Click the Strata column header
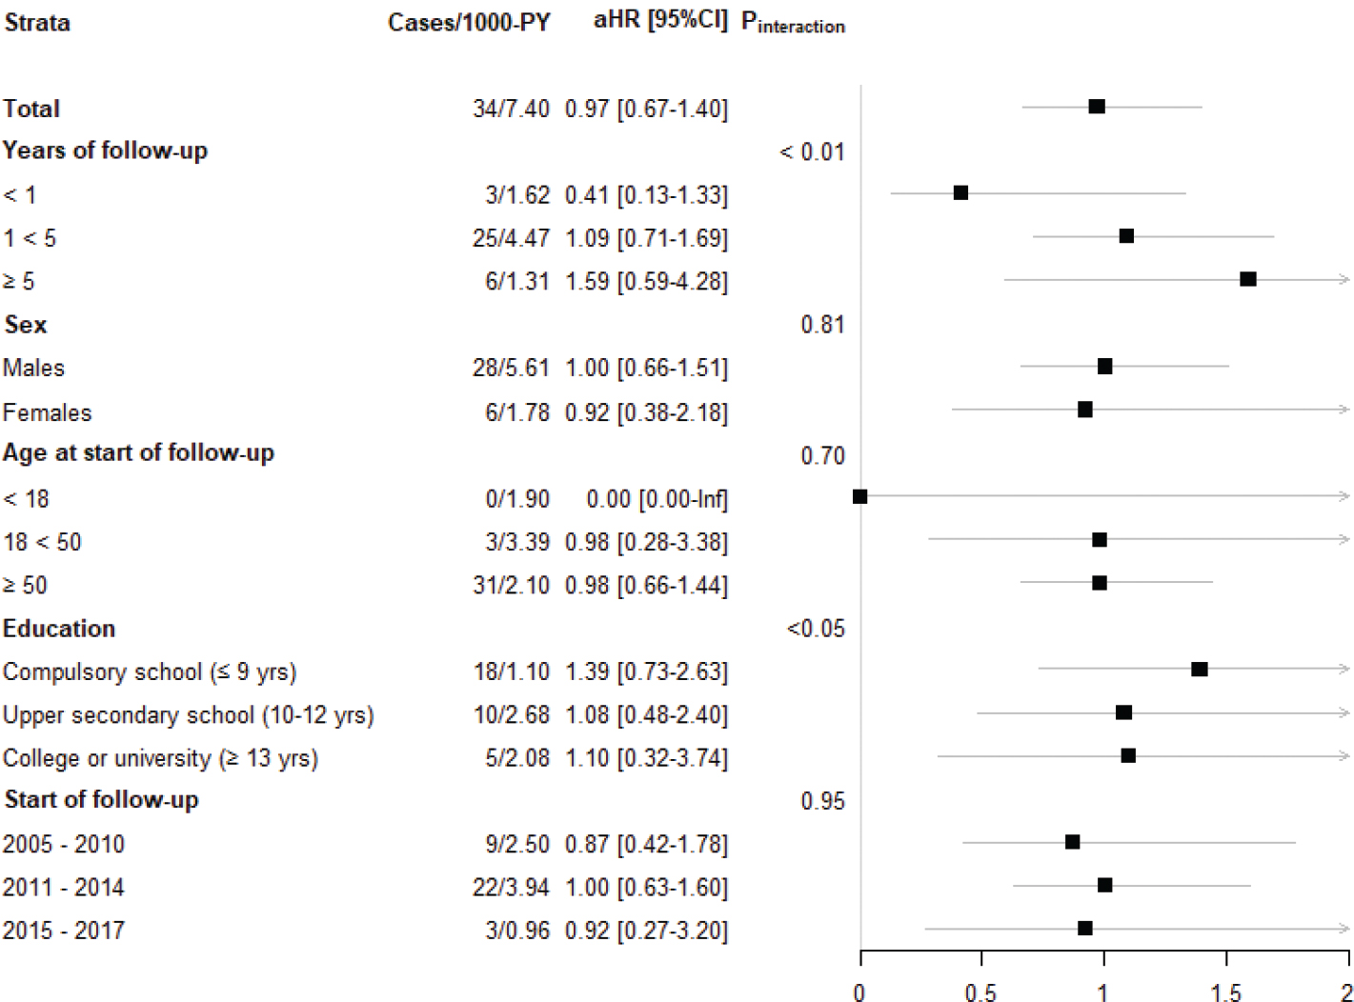(37, 23)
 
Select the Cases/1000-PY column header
(469, 23)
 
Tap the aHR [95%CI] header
(659, 21)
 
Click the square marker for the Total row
(1097, 106)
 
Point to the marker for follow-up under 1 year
(960, 193)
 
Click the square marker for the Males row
(1104, 367)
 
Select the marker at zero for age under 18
(860, 496)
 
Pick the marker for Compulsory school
(1200, 670)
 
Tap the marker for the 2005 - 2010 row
(1073, 842)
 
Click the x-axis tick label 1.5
(1226, 992)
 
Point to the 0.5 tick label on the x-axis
(982, 992)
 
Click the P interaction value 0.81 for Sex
(822, 325)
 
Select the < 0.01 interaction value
(812, 151)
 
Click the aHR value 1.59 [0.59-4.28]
(646, 281)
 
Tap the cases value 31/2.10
(511, 585)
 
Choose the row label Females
(48, 412)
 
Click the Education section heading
(59, 629)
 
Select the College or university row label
(160, 758)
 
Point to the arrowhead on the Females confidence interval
(1344, 410)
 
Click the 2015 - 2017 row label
(64, 931)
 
